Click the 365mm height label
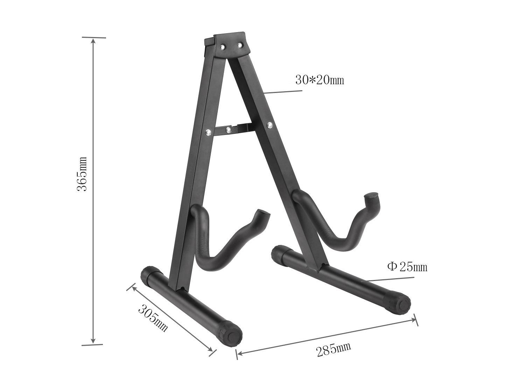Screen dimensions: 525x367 [82, 174]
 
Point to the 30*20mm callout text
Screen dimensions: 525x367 [320, 80]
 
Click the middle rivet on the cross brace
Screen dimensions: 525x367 [228, 130]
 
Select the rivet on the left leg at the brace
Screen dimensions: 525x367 [208, 132]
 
